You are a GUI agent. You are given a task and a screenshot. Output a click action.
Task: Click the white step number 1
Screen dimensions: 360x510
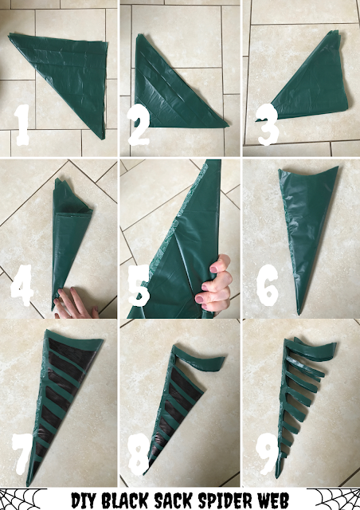(22, 125)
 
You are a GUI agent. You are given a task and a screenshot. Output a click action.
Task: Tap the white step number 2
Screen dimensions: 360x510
(139, 124)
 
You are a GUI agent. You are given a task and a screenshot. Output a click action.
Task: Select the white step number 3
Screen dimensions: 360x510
(268, 124)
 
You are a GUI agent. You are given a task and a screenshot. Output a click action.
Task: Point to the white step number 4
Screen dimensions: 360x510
(22, 285)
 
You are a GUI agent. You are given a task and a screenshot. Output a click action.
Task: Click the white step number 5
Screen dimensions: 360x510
(139, 285)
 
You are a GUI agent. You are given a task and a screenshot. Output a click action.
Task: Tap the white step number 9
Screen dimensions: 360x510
(268, 453)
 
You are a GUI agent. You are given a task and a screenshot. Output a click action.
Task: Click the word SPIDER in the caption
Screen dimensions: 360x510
(225, 500)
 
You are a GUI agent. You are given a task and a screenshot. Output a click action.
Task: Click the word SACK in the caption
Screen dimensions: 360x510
(174, 500)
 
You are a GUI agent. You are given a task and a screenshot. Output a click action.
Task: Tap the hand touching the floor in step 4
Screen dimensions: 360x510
(76, 304)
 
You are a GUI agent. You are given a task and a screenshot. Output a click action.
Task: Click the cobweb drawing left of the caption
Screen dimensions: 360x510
(22, 499)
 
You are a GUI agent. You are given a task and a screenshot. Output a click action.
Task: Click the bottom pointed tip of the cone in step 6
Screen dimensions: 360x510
(299, 314)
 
